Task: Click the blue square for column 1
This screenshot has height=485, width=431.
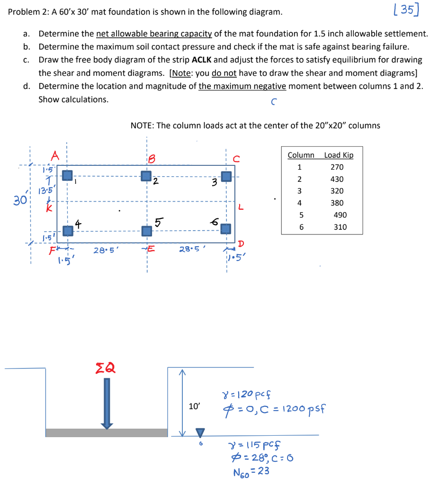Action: [x=67, y=176]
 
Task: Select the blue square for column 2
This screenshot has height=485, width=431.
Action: [x=146, y=176]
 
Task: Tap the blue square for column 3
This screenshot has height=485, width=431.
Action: [x=227, y=176]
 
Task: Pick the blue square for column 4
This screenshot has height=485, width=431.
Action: [x=68, y=231]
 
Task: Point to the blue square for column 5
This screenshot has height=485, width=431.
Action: [x=147, y=231]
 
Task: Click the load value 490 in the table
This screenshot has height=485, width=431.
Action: [x=340, y=215]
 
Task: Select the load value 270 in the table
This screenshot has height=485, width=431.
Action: [x=337, y=167]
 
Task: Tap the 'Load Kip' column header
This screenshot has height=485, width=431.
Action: [x=339, y=155]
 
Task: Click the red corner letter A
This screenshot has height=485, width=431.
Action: [x=55, y=156]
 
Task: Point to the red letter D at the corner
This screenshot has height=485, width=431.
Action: [x=240, y=244]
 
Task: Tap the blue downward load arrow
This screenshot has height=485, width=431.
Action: [x=107, y=403]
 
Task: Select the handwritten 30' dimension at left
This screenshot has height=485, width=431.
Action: [x=20, y=200]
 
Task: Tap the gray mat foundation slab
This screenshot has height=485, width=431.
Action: [x=107, y=433]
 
